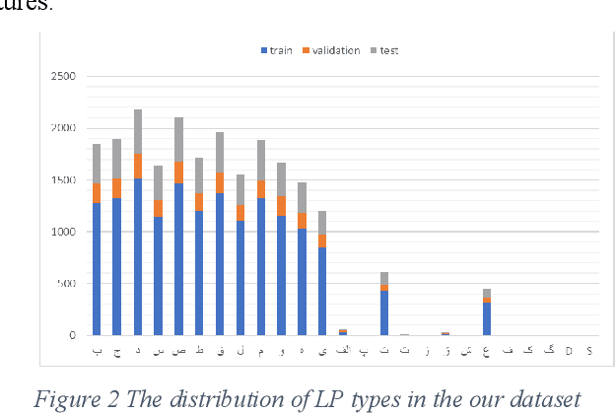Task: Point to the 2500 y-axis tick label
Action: point(63,77)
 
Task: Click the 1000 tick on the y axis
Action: point(63,233)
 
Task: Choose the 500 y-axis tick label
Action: point(67,285)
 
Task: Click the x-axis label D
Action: point(569,350)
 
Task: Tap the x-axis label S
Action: point(589,350)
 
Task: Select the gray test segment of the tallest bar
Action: point(138,131)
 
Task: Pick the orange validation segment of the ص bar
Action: point(178,172)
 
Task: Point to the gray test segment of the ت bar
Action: point(384,279)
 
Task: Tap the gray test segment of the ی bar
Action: point(322,223)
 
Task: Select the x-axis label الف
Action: point(343,350)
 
